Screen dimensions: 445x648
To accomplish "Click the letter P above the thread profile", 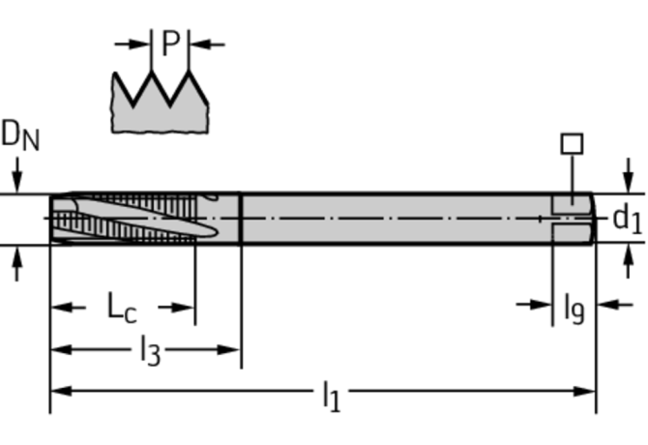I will click(170, 44).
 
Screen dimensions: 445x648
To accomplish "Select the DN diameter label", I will click(20, 136).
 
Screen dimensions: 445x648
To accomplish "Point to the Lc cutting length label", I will click(122, 308).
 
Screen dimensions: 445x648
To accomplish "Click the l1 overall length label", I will click(330, 395).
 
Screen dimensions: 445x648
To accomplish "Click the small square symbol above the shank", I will click(572, 144).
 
